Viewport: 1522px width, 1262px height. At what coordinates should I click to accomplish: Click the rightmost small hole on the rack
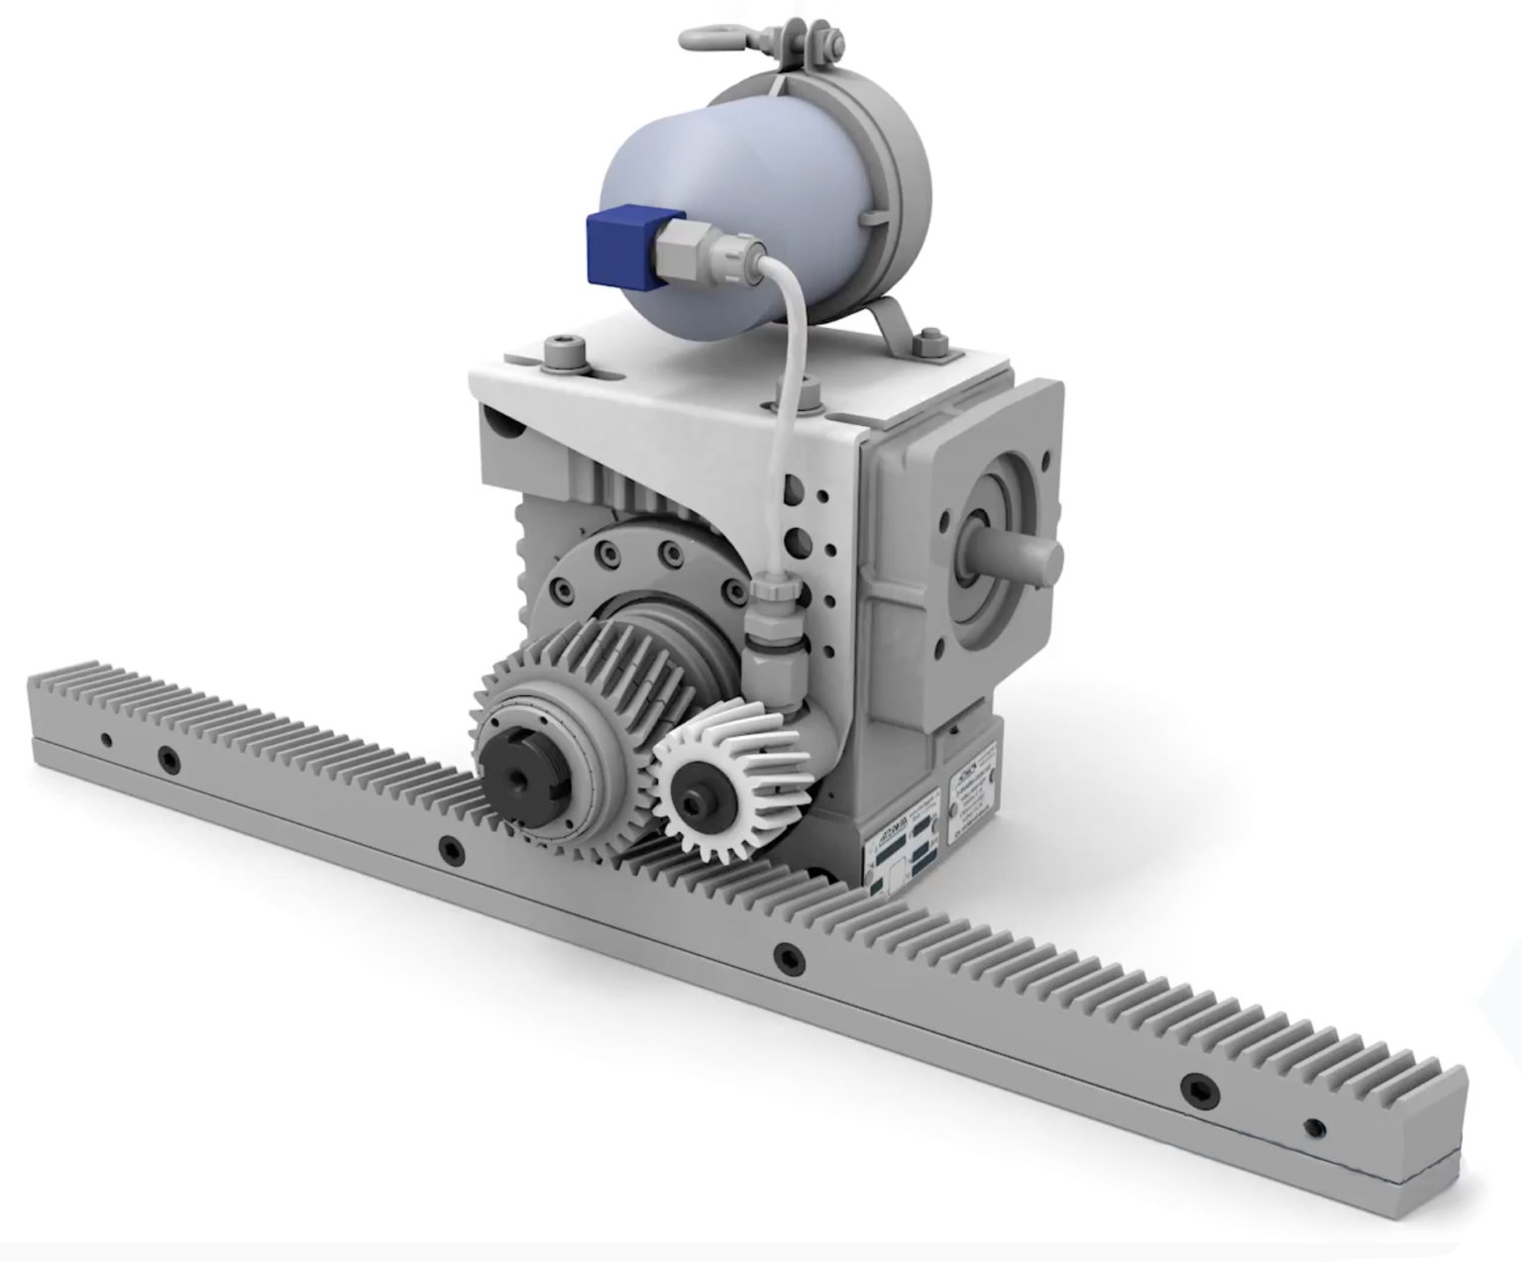point(1314,1127)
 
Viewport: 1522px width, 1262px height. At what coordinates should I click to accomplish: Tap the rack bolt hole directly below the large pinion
point(452,849)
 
